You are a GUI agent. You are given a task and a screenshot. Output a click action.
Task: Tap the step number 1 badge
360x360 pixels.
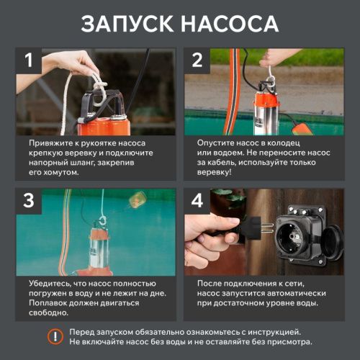click(29, 60)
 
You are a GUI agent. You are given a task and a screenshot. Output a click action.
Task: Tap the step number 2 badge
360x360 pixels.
click(197, 60)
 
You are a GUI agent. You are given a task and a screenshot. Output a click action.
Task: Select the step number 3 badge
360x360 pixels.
click(29, 201)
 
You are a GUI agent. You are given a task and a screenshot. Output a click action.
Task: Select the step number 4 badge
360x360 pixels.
click(197, 201)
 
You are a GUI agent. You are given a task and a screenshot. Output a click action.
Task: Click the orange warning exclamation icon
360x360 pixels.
click(55, 336)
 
